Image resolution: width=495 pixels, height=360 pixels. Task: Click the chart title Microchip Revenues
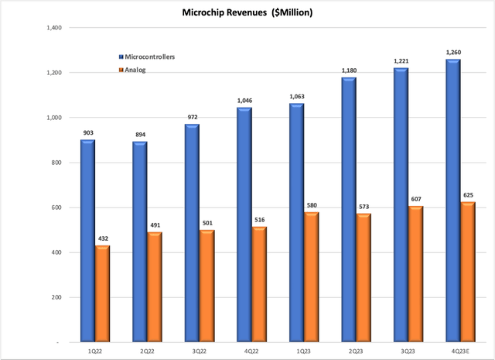(x=247, y=13)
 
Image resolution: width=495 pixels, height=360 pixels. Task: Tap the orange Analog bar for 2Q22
(x=155, y=286)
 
